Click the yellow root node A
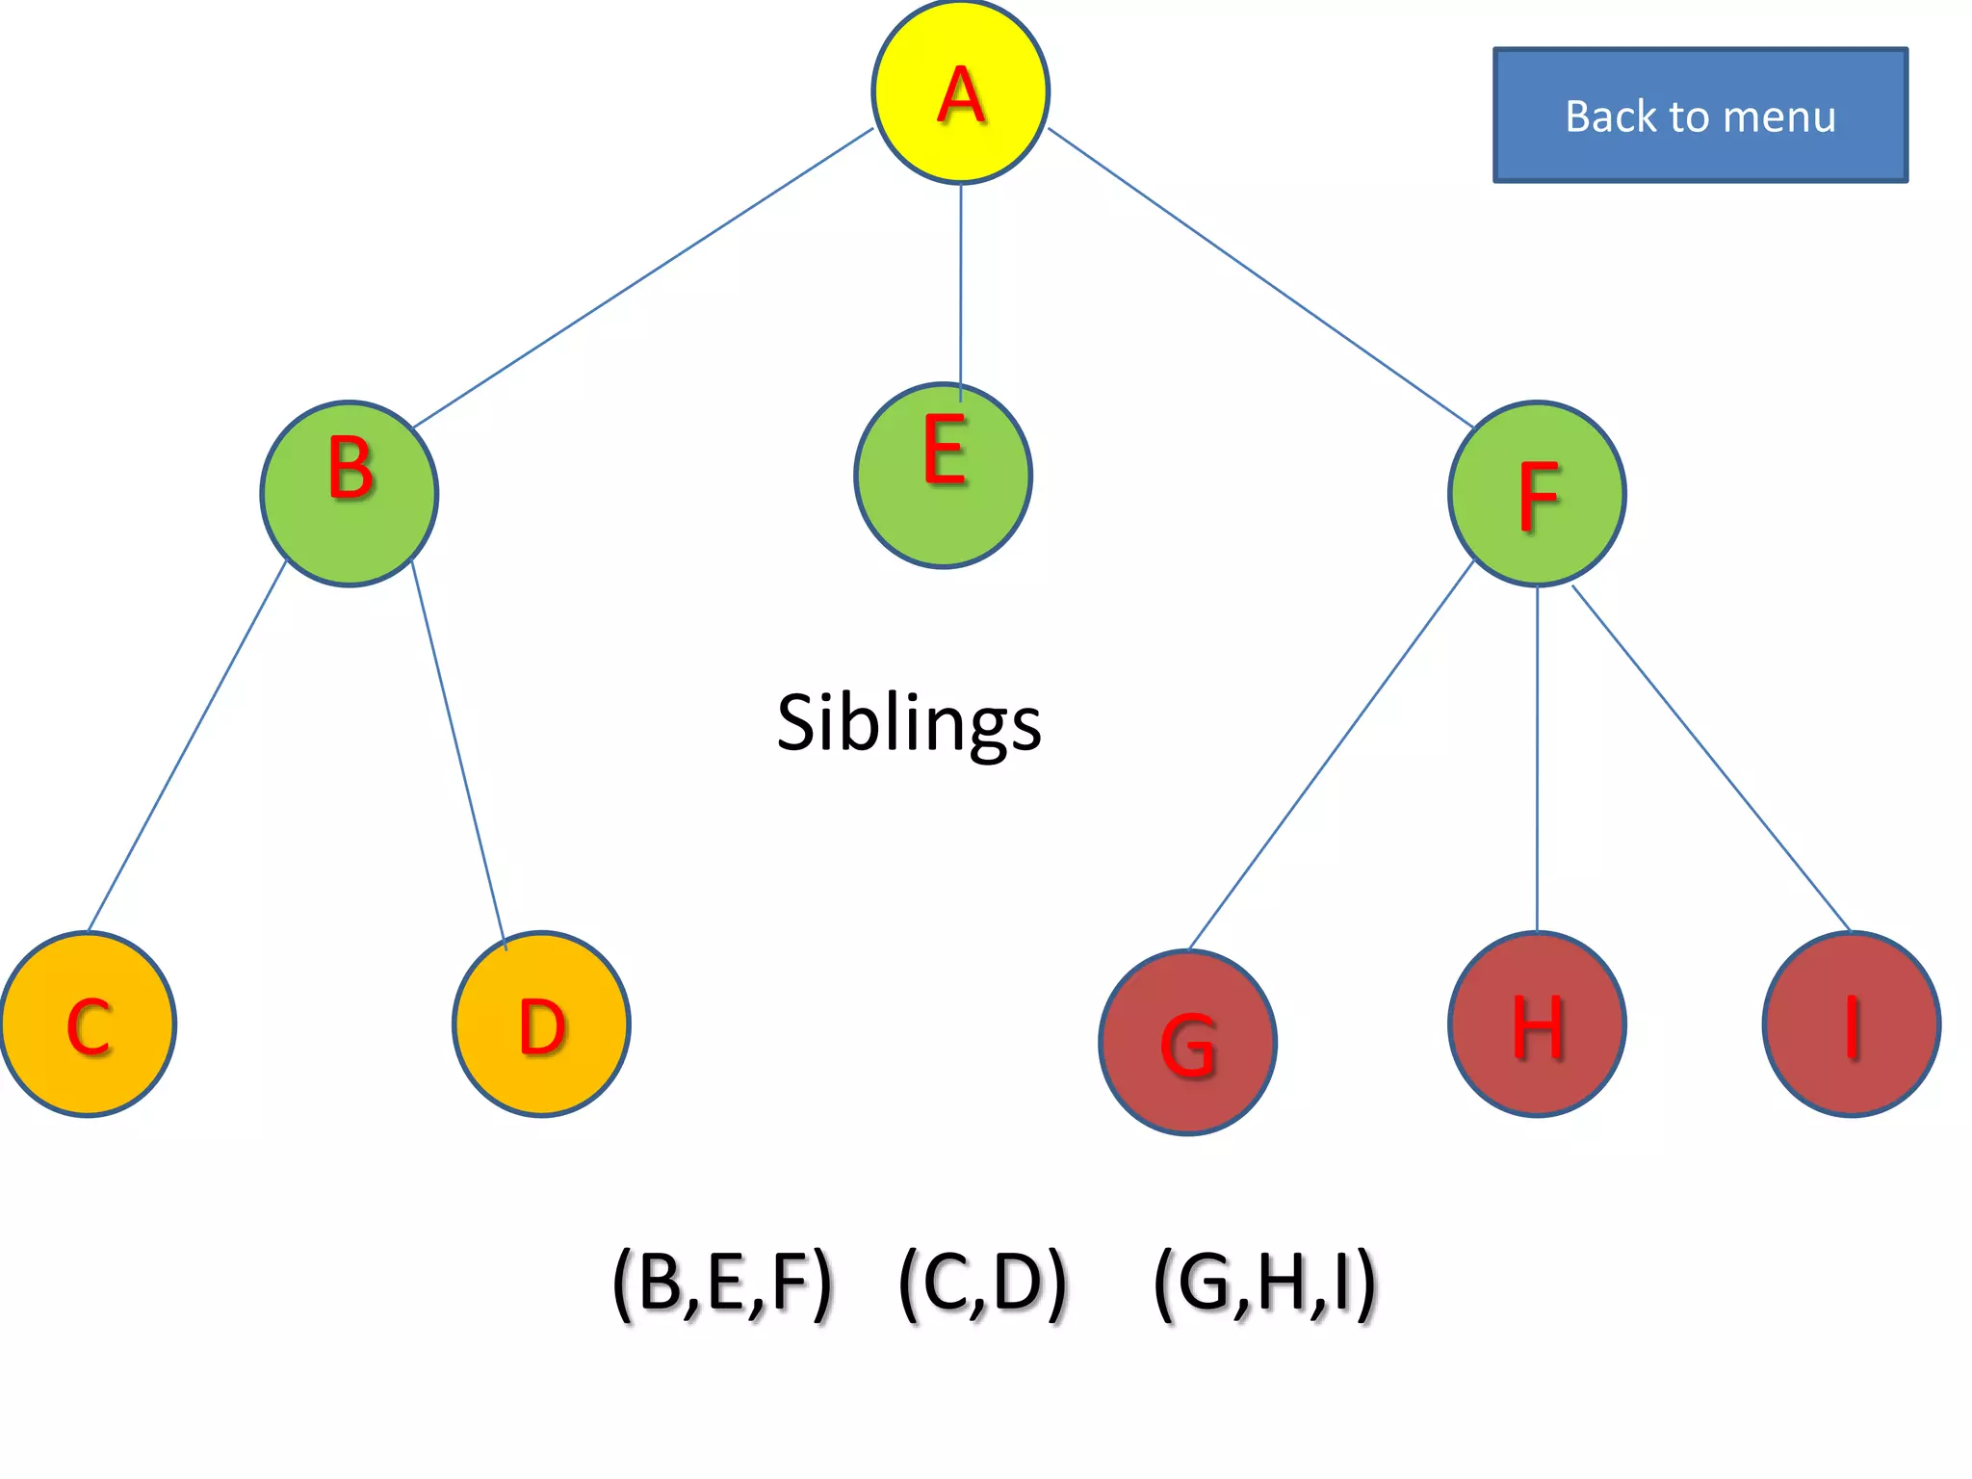[960, 91]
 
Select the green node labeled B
[350, 493]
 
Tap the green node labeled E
[944, 475]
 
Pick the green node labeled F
[1537, 493]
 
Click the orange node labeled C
[88, 1024]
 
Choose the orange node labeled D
[541, 1024]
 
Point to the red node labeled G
[1188, 1042]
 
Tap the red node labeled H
[1537, 1024]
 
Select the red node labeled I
[1851, 1024]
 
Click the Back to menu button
[1700, 116]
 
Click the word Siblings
[909, 722]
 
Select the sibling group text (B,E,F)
[722, 1284]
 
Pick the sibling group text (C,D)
[982, 1284]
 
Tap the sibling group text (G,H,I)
[1265, 1284]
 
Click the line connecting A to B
[643, 277]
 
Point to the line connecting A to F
[1261, 277]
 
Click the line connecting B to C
[188, 745]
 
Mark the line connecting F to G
[1332, 754]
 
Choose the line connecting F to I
[1711, 758]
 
